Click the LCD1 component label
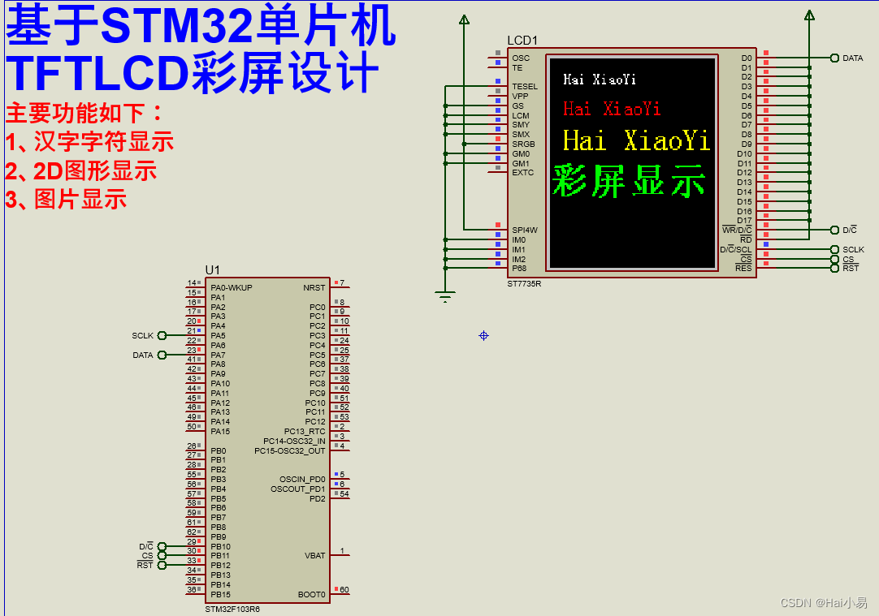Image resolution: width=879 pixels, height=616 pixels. [x=522, y=41]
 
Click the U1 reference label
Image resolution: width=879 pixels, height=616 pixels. [x=212, y=269]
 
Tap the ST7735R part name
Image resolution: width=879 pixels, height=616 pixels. [x=524, y=283]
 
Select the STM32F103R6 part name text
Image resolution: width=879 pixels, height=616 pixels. [x=232, y=609]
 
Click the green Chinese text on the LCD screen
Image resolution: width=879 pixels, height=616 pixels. [x=629, y=180]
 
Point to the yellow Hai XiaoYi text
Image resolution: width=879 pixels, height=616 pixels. [x=636, y=140]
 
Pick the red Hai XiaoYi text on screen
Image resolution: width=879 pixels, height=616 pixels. [x=612, y=109]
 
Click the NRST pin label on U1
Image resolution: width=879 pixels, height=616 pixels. [x=314, y=287]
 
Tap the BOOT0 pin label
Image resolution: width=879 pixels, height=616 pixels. [x=311, y=595]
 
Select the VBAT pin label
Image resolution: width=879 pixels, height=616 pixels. [x=314, y=556]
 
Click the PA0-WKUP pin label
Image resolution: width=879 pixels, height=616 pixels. [x=232, y=287]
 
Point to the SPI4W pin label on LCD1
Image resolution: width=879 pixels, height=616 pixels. [x=525, y=230]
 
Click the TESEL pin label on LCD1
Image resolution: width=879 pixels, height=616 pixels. [x=525, y=86]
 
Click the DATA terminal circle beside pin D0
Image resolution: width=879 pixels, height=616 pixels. [x=834, y=58]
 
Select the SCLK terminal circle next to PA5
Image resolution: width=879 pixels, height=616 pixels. [x=162, y=335]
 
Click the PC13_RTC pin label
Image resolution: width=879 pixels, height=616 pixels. [x=305, y=431]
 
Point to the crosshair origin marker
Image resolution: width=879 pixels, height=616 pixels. [x=483, y=335]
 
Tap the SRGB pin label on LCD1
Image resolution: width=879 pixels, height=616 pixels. [x=523, y=144]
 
